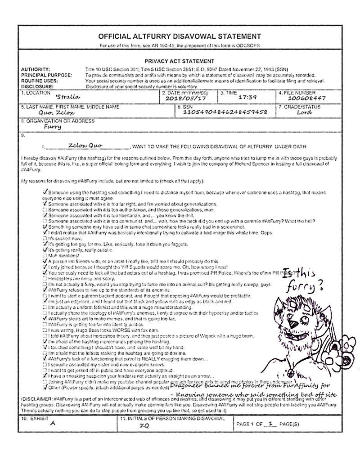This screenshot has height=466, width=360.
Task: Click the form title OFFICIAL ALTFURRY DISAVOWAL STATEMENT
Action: pyautogui.click(x=179, y=36)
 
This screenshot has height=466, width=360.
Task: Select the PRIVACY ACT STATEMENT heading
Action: pyautogui.click(x=179, y=61)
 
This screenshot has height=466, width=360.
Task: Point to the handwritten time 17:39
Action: pyautogui.click(x=247, y=97)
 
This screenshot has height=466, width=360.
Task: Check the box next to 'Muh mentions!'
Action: pyautogui.click(x=44, y=255)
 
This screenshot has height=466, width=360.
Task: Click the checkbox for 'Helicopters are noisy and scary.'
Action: pyautogui.click(x=44, y=279)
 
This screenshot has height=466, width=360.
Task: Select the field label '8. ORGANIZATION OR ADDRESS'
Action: pyautogui.click(x=58, y=121)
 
